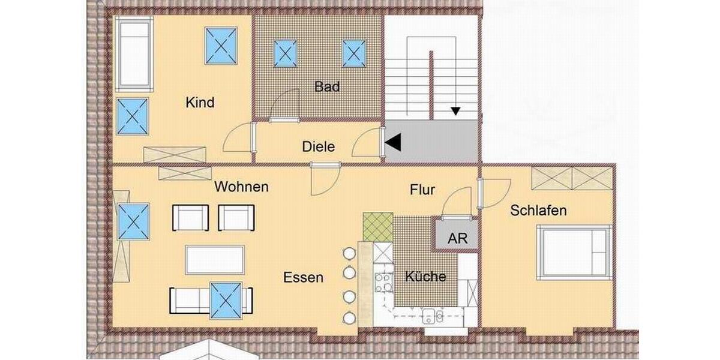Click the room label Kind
(200, 103)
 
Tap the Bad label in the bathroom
(327, 87)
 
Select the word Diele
(319, 146)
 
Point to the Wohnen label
(241, 187)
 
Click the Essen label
(303, 277)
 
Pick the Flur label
(422, 191)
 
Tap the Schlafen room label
(538, 211)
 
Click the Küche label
(425, 277)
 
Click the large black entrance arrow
(393, 142)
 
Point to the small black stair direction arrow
(456, 111)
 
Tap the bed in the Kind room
(134, 54)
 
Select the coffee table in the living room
(215, 259)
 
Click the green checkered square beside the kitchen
(378, 227)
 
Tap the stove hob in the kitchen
(383, 281)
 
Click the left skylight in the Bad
(286, 53)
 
